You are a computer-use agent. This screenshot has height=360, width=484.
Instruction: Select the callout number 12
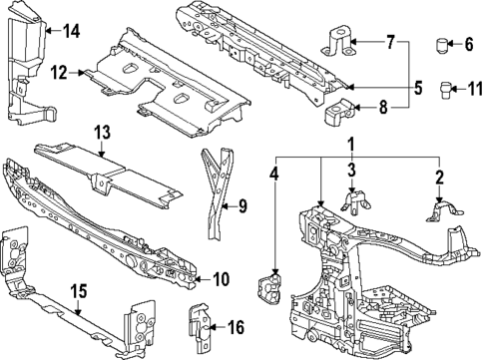(x=59, y=72)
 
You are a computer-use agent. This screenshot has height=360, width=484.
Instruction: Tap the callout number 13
(x=101, y=133)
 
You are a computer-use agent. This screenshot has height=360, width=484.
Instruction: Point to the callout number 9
(x=241, y=206)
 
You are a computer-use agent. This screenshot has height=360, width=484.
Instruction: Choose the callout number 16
(x=236, y=326)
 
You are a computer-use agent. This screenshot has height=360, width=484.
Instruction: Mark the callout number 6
(x=469, y=43)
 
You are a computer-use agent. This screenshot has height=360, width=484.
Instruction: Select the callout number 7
(x=390, y=42)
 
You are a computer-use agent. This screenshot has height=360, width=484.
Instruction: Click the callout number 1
(x=351, y=147)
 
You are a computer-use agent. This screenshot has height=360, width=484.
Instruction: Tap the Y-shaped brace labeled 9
(x=216, y=194)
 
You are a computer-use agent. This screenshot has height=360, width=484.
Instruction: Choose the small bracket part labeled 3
(x=352, y=200)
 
